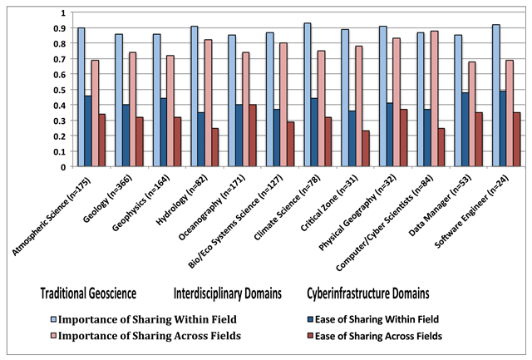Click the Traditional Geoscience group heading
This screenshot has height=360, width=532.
(89, 293)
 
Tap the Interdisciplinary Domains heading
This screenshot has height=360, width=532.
(226, 293)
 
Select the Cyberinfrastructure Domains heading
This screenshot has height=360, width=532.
(367, 293)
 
